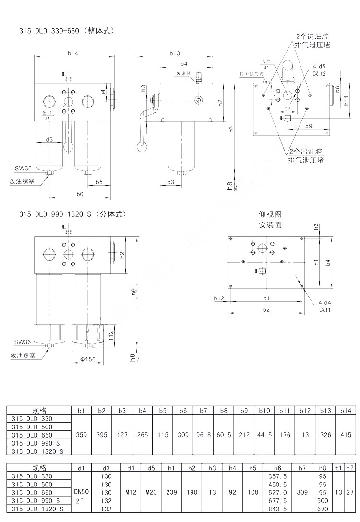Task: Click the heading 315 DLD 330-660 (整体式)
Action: [67, 31]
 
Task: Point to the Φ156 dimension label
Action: [88, 359]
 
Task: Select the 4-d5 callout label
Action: [319, 66]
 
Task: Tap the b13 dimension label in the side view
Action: [175, 53]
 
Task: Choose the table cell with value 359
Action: [82, 435]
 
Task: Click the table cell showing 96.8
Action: [203, 435]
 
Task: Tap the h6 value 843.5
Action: [277, 509]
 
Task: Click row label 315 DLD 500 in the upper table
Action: [32, 427]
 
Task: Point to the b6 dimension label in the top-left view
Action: [80, 194]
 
